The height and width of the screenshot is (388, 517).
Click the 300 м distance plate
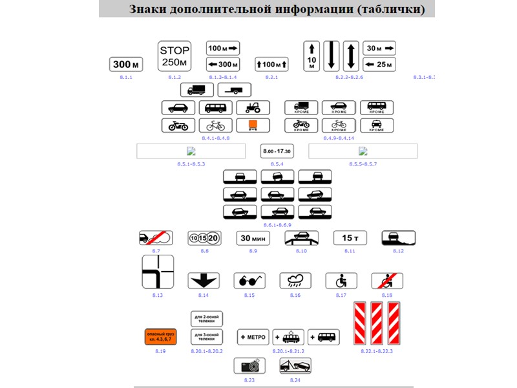tap(125, 64)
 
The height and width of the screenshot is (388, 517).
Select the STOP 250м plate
tap(174, 56)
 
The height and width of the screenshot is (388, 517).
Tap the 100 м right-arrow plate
tap(223, 47)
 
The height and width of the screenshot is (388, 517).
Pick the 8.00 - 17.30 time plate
tap(276, 151)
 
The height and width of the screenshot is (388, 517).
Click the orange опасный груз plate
tap(160, 337)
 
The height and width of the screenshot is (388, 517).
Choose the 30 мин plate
tap(253, 239)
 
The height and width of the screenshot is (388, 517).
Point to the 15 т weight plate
tap(350, 239)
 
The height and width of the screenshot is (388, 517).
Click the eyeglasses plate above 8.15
tap(249, 281)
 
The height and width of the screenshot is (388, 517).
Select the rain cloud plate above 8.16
tap(295, 281)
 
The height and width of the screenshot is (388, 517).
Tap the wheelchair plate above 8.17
tap(341, 281)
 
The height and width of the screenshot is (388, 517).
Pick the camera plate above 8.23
tap(249, 366)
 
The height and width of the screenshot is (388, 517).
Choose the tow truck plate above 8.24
tap(295, 366)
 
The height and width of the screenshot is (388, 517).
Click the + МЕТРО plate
tap(254, 337)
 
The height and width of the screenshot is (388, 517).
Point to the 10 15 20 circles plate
tap(204, 239)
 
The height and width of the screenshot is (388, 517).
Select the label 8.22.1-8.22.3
tap(377, 350)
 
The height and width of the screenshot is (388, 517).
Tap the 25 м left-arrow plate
tap(379, 63)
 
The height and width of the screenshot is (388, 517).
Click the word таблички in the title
tap(392, 10)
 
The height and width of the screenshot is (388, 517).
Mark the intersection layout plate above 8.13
tap(158, 272)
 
